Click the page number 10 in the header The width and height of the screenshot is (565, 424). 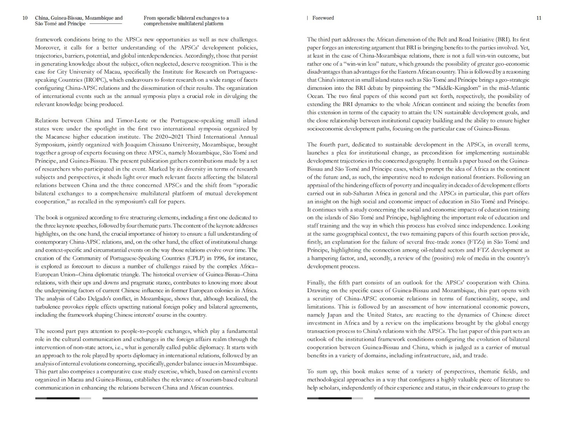(25, 18)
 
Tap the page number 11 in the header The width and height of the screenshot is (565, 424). (539, 18)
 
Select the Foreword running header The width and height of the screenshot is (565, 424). (323, 18)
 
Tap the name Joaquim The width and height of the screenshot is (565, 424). (135, 145)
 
